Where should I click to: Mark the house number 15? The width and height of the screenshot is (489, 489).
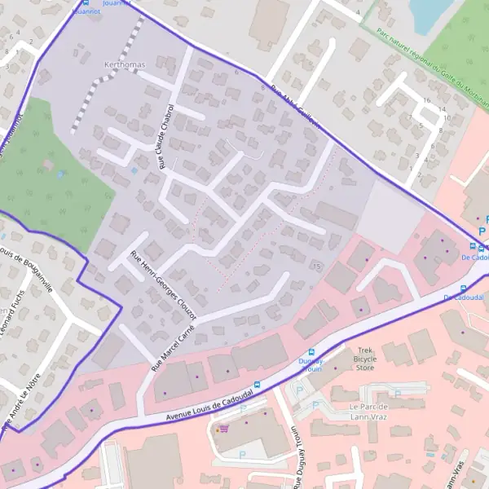click(x=316, y=266)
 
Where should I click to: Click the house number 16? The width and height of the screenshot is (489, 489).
click(x=428, y=99)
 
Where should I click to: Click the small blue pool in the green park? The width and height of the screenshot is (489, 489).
click(x=60, y=174)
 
